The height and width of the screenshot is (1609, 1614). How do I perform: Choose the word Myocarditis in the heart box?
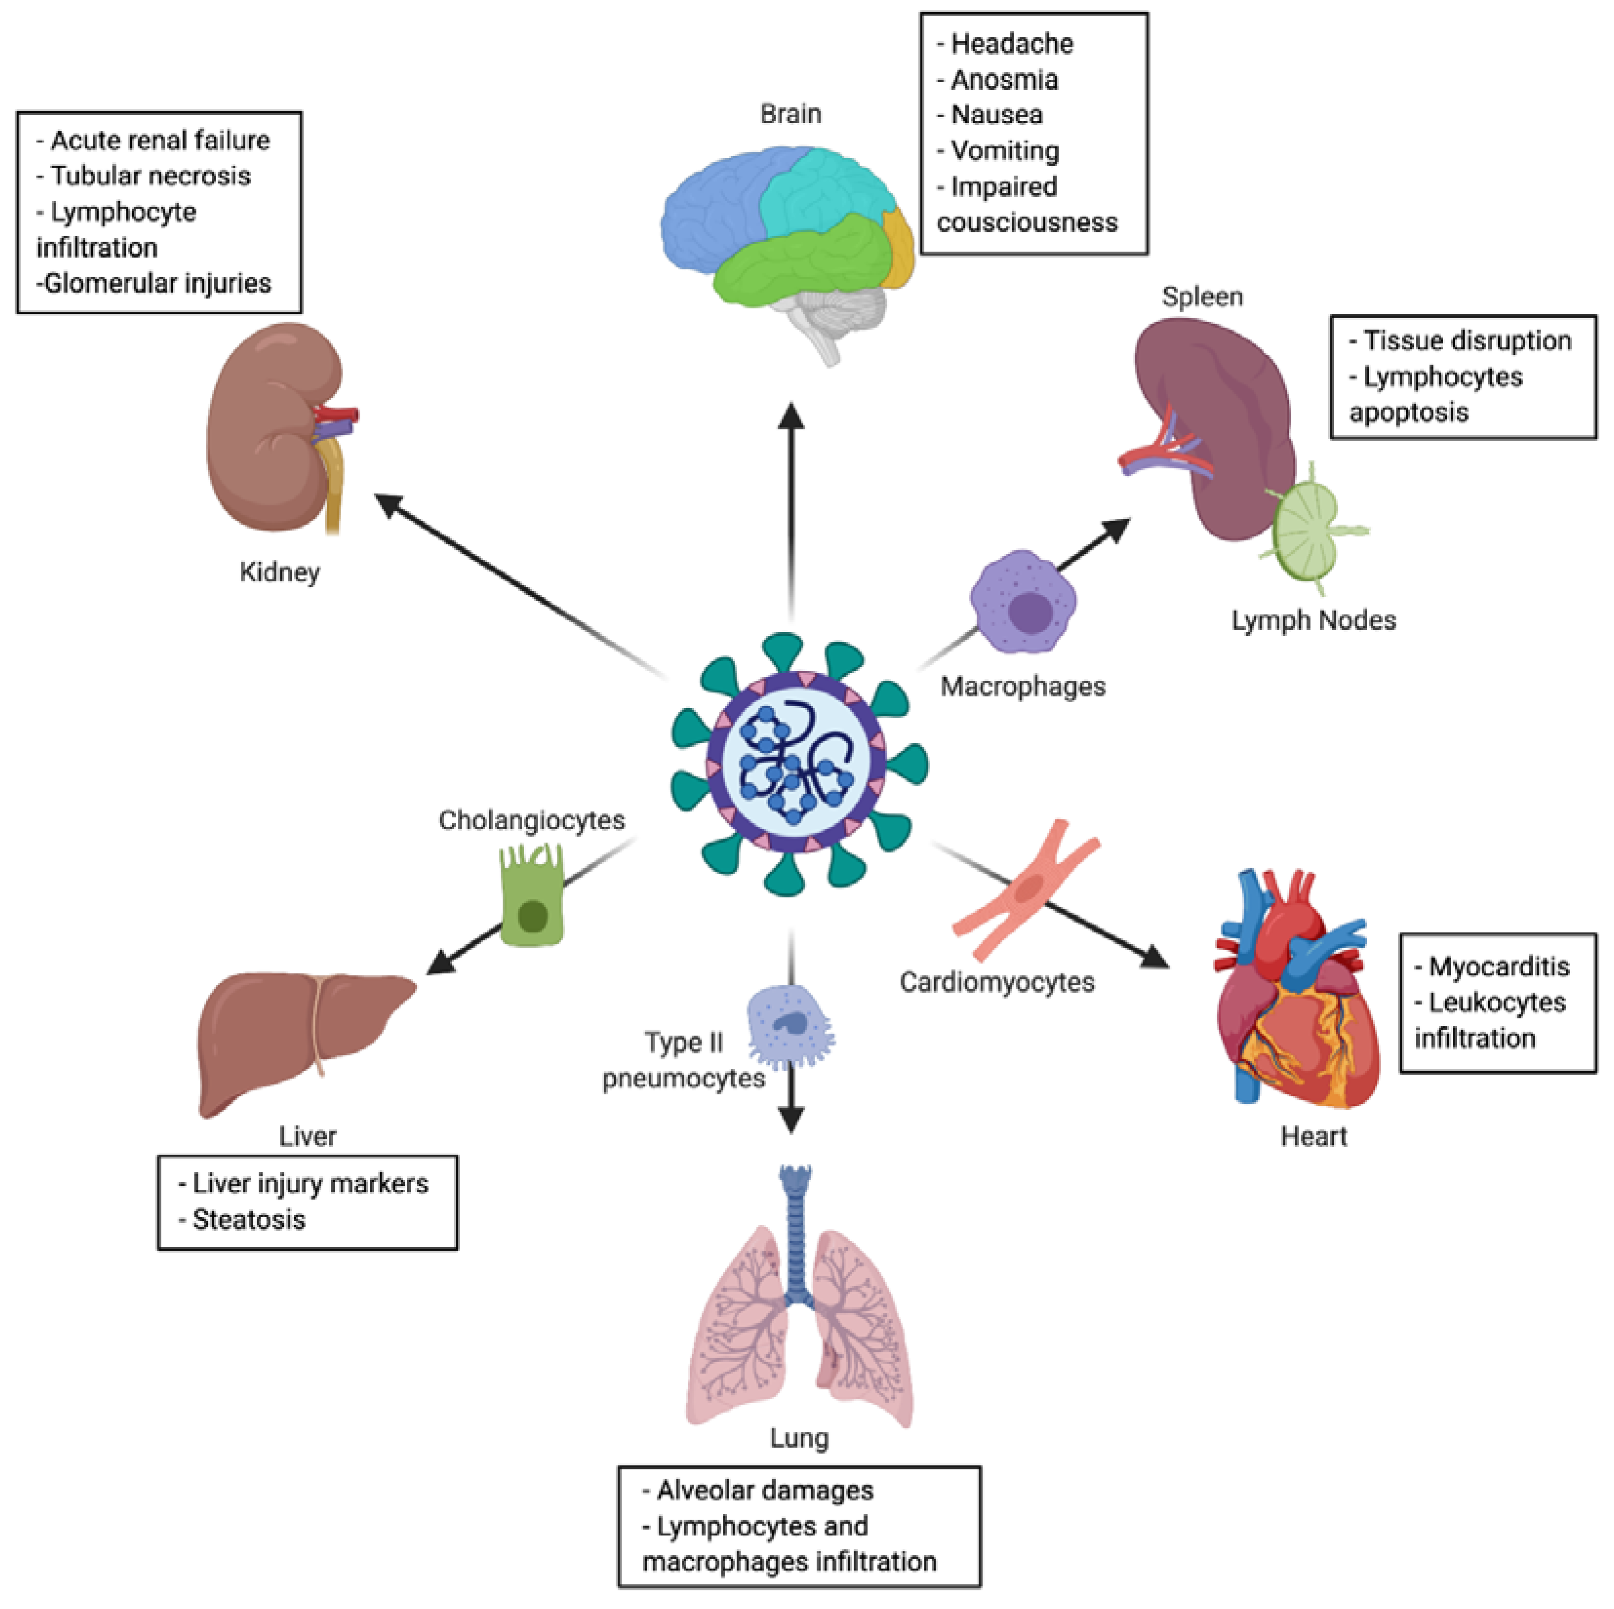[x=1499, y=967]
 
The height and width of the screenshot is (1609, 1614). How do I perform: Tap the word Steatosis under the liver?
[x=249, y=1220]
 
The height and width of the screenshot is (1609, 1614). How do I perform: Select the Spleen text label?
[x=1202, y=297]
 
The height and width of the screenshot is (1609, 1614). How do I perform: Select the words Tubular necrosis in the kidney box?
[x=150, y=176]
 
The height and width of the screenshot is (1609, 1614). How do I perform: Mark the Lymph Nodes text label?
[x=1313, y=621]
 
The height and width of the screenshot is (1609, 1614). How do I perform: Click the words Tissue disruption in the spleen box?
[x=1467, y=341]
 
